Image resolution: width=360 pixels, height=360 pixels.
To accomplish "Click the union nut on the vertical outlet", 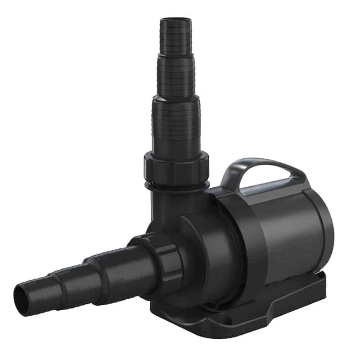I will (177, 166).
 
